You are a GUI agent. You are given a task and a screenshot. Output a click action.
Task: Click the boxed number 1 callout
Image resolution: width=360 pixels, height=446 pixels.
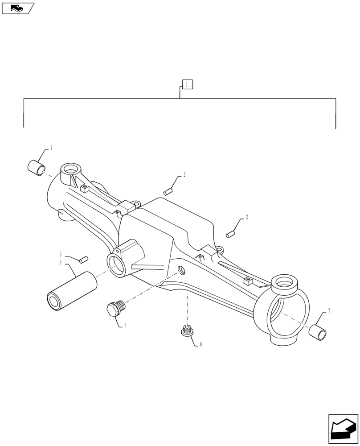click(x=187, y=84)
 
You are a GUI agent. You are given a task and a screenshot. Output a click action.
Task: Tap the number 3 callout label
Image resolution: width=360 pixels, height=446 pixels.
click(x=61, y=255)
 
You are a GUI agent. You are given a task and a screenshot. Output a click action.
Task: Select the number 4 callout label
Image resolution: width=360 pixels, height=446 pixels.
click(x=61, y=263)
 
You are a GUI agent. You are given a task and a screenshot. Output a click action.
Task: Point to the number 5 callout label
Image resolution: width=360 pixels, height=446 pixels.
click(x=125, y=326)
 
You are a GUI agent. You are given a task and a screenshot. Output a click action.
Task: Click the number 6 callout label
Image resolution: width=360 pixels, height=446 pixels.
click(x=201, y=344)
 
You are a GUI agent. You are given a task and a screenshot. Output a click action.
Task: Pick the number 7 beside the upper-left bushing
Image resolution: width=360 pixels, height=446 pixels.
click(x=51, y=148)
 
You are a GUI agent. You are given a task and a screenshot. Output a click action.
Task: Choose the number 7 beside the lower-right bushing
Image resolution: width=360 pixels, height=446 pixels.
click(x=329, y=310)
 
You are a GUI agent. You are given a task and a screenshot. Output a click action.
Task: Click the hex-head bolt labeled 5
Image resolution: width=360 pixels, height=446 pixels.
click(x=115, y=308)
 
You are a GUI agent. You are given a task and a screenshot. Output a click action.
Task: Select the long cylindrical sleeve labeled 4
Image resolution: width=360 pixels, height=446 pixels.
click(x=72, y=290)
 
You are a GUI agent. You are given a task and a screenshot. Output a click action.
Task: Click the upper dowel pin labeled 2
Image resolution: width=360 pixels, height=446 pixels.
click(x=168, y=192)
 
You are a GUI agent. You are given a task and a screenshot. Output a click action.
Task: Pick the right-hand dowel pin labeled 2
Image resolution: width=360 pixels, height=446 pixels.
click(x=230, y=233)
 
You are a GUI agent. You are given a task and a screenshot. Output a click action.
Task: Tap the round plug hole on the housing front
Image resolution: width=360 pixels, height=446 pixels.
click(x=181, y=270)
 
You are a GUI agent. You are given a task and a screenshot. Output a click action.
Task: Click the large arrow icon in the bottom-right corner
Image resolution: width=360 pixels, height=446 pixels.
click(x=343, y=429)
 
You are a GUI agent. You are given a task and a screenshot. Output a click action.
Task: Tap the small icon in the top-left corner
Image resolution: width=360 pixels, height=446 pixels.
click(x=18, y=7)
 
